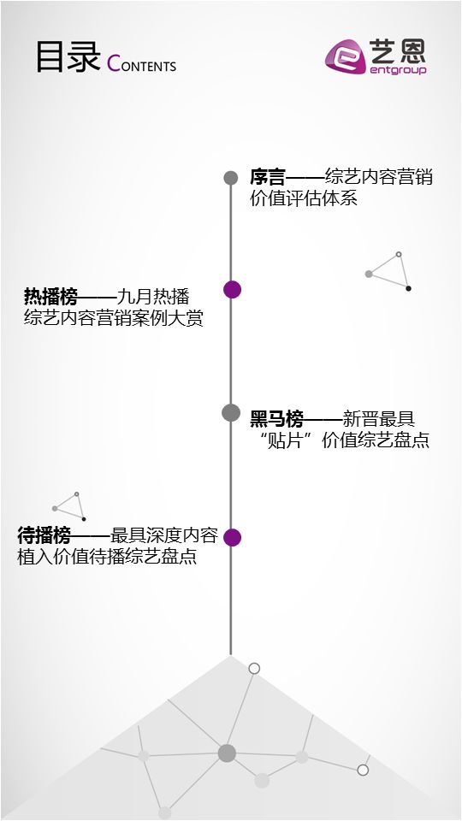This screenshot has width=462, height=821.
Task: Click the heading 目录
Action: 68,56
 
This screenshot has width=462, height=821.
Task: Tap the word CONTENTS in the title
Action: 141,63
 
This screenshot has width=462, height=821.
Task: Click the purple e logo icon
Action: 345,56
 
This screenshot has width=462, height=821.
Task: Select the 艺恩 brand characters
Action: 398,51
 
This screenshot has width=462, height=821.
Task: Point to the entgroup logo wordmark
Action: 398,70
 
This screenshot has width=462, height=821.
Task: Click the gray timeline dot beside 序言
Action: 231,178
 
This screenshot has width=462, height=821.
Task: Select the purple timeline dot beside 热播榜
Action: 232,290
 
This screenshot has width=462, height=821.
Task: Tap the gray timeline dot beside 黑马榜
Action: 231,412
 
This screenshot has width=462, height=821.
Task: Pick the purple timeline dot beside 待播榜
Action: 232,537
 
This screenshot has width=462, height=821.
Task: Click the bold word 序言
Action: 268,178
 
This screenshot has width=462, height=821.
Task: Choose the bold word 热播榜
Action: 50,297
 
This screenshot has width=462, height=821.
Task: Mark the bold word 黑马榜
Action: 276,419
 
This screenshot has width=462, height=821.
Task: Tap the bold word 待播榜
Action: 44,535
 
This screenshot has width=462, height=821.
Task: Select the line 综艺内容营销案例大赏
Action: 113,318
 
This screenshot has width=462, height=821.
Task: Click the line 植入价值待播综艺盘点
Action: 107,557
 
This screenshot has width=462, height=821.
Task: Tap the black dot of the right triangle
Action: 409,288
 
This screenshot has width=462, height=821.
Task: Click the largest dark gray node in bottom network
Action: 227,753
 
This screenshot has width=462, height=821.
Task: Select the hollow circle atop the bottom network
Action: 254,669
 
